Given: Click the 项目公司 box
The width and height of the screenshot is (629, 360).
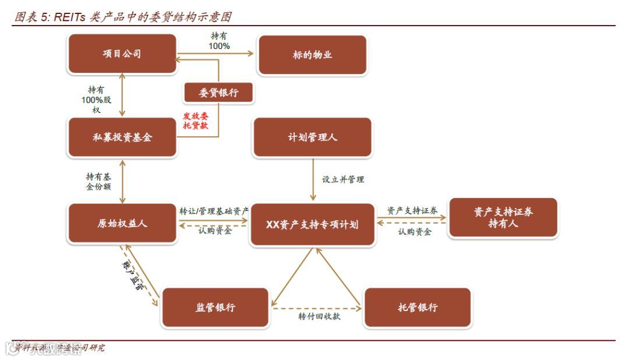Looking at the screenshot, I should tap(122, 54).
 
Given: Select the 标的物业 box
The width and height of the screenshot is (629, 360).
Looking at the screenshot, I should tap(312, 55).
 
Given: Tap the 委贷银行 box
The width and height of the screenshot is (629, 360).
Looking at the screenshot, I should tap(218, 93).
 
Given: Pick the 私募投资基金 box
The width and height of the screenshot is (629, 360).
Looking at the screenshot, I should tap(122, 137).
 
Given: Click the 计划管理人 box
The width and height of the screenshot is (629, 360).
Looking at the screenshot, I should tap(312, 137).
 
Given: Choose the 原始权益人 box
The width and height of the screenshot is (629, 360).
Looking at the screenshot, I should tap(122, 224).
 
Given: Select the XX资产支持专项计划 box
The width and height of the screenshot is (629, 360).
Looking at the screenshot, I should tap(312, 224).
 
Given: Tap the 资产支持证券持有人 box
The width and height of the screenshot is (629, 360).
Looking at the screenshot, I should tap(503, 218).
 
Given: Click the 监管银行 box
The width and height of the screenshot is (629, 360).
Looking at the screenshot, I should tap(215, 308).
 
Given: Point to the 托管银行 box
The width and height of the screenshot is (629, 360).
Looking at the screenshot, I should tap(417, 308).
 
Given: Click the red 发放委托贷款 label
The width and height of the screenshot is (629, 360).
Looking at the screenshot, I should tap(196, 121).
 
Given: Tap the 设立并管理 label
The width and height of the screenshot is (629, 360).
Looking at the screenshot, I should tap(343, 179).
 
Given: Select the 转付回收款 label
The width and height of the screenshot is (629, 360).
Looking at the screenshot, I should tap(319, 316).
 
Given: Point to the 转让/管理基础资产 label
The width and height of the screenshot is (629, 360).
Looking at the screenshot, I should tap(214, 210).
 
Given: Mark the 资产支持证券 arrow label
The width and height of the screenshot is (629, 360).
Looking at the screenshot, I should tap(412, 210).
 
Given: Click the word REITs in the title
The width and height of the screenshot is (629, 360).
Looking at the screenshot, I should tap(70, 17).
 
